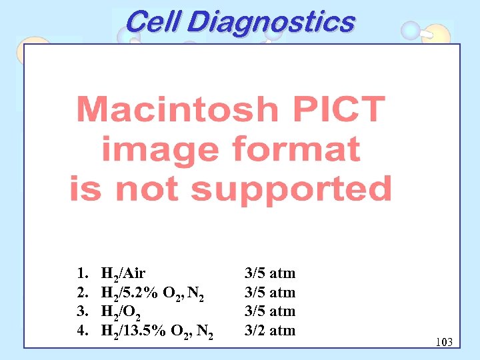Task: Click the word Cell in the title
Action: pyautogui.click(x=152, y=22)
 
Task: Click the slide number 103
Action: pyautogui.click(x=443, y=342)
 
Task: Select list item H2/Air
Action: pyautogui.click(x=123, y=273)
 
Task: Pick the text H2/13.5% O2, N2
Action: pyautogui.click(x=157, y=331)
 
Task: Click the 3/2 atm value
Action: pyautogui.click(x=270, y=330)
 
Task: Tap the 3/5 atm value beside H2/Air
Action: pyautogui.click(x=270, y=273)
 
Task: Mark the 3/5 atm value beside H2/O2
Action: pyautogui.click(x=270, y=311)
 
